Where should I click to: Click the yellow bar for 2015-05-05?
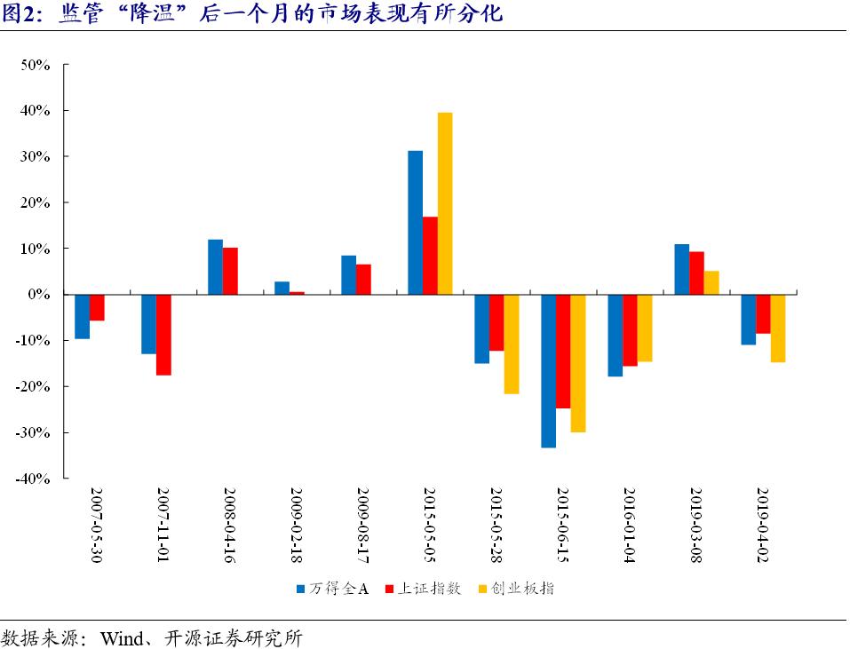point(445,203)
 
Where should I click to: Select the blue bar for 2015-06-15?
point(548,371)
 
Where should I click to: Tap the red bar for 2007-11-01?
point(163,335)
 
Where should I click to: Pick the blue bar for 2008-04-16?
point(215,267)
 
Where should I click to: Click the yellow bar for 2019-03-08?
point(711,282)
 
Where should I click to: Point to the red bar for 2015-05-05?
point(430,256)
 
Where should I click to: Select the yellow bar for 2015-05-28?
point(511,344)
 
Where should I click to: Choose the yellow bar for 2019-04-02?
point(778,328)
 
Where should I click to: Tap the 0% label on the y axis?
point(44,294)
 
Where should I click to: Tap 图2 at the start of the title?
point(20,13)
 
